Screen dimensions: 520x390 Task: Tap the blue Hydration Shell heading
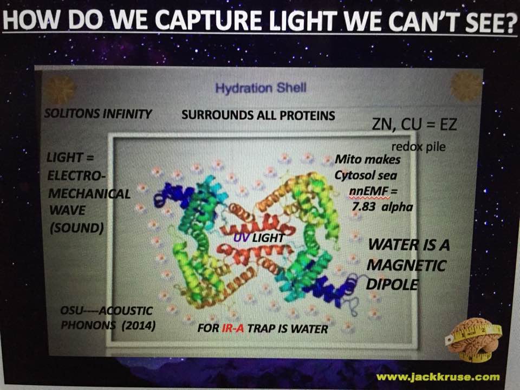pyautogui.click(x=261, y=88)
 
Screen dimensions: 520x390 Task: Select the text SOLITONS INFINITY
pyautogui.click(x=98, y=114)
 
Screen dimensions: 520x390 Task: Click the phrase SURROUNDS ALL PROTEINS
pyautogui.click(x=258, y=115)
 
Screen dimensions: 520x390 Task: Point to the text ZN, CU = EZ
pyautogui.click(x=414, y=125)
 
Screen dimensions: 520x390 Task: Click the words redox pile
pyautogui.click(x=419, y=146)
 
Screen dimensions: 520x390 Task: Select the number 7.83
pyautogui.click(x=363, y=206)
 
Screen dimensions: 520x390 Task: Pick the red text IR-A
pyautogui.click(x=233, y=328)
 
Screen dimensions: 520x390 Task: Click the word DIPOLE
pyautogui.click(x=392, y=284)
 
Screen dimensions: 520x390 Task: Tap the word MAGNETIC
pyautogui.click(x=407, y=265)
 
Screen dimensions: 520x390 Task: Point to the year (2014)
pyautogui.click(x=139, y=326)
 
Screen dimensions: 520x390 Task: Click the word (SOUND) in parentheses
pyautogui.click(x=76, y=228)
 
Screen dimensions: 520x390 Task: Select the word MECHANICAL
pyautogui.click(x=89, y=194)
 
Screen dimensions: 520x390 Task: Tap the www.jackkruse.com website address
pyautogui.click(x=438, y=377)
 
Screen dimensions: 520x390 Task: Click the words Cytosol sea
pyautogui.click(x=366, y=175)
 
